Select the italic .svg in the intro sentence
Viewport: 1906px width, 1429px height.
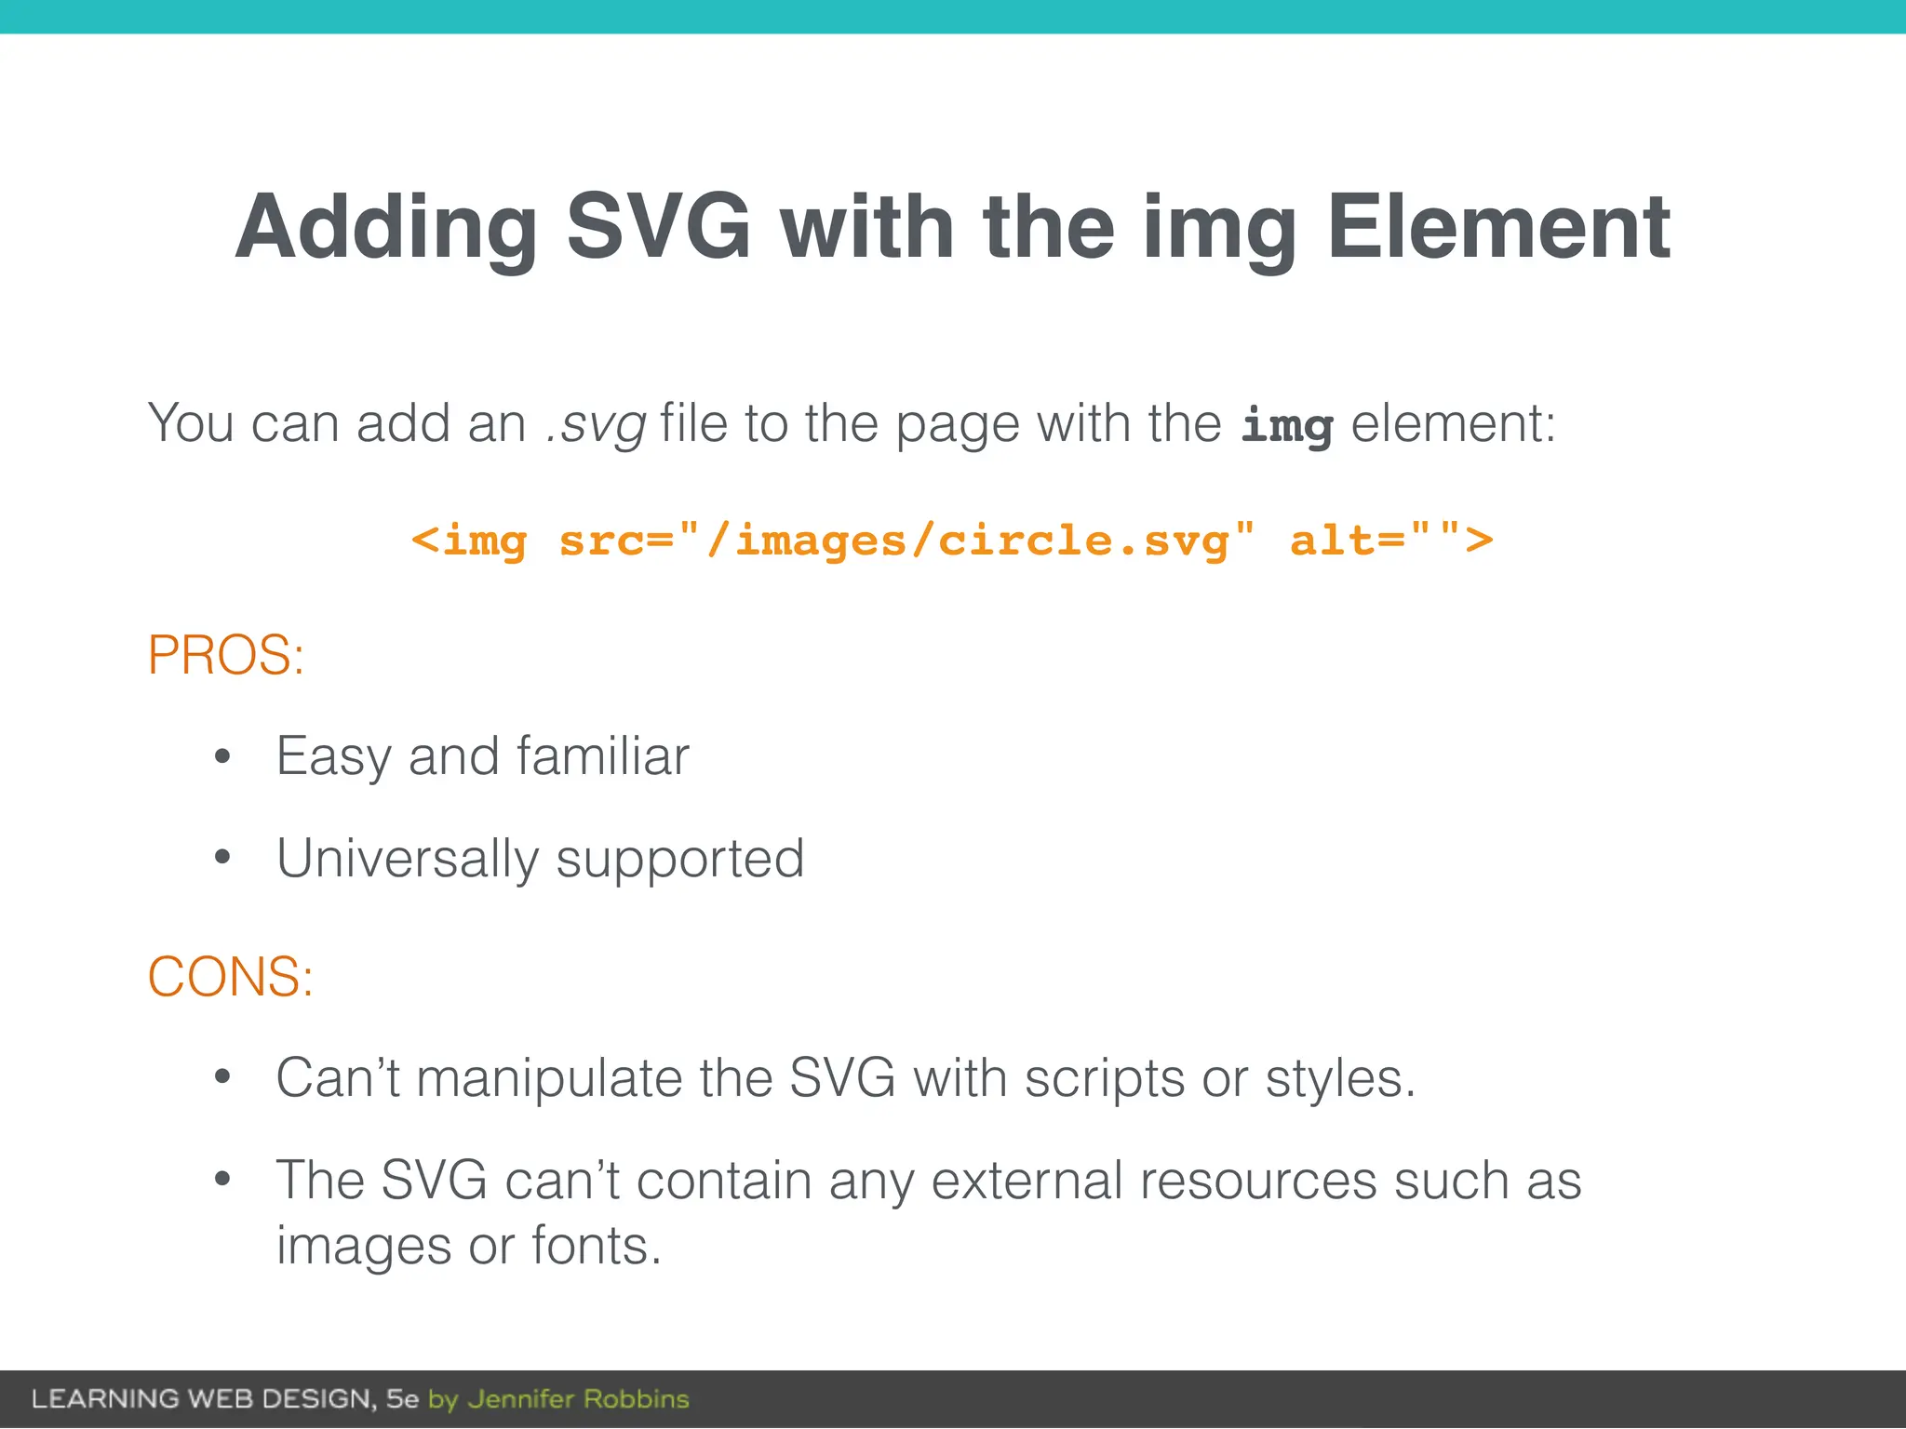click(x=596, y=424)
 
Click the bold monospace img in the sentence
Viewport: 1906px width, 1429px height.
click(x=1286, y=426)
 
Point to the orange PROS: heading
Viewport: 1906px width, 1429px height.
click(x=226, y=655)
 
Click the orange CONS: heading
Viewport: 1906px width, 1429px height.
click(x=231, y=977)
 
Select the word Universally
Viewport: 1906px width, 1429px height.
click(x=408, y=858)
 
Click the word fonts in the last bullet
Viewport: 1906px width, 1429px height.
click(x=596, y=1246)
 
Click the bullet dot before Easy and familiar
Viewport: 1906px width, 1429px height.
click(x=221, y=756)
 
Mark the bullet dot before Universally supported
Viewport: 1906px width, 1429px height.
click(x=221, y=857)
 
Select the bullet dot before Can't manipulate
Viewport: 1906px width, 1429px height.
click(x=221, y=1077)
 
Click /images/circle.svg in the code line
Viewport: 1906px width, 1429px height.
click(x=968, y=541)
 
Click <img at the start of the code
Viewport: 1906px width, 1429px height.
click(x=470, y=541)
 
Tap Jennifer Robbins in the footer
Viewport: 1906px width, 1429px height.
click(x=578, y=1399)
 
